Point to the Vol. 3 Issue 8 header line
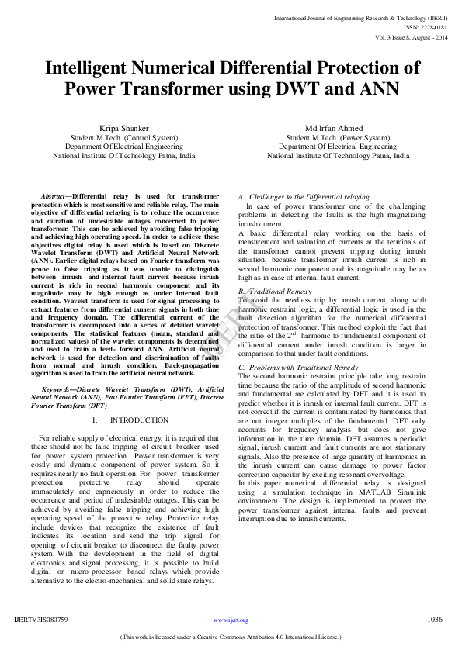click(409, 36)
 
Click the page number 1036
click(435, 620)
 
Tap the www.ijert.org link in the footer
click(231, 620)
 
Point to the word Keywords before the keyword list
click(58, 387)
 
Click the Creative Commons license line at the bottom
click(231, 637)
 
